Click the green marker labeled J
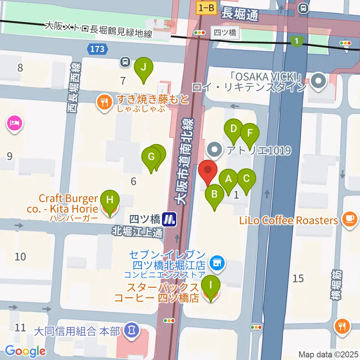(x=143, y=67)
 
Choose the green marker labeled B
(x=214, y=195)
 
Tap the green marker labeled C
(x=246, y=179)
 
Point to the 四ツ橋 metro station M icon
(x=170, y=219)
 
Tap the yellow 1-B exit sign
(x=206, y=7)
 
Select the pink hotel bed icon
(x=15, y=123)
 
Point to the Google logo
(x=25, y=351)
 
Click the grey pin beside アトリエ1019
(x=215, y=150)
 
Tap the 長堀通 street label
(x=240, y=15)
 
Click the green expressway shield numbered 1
(x=297, y=40)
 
